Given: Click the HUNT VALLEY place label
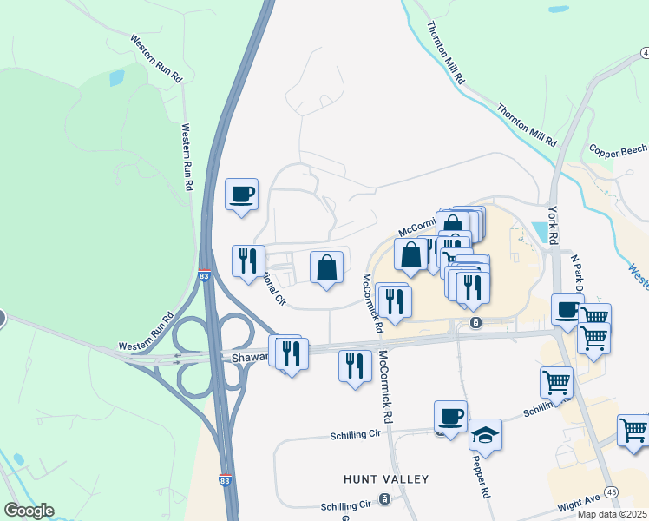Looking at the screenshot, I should pyautogui.click(x=386, y=479).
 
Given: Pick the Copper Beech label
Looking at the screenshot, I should pyautogui.click(x=618, y=151).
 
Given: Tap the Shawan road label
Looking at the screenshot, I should pyautogui.click(x=250, y=357).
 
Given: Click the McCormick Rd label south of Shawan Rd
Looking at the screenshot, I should pyautogui.click(x=387, y=386).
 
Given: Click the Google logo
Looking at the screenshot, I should pyautogui.click(x=29, y=511).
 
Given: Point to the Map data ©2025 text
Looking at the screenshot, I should pyautogui.click(x=612, y=514).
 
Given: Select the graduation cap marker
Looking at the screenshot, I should pyautogui.click(x=485, y=434).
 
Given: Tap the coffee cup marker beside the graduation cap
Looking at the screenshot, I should pyautogui.click(x=450, y=417).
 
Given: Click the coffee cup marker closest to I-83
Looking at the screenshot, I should pyautogui.click(x=242, y=194).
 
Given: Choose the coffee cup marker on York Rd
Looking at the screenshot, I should pyautogui.click(x=568, y=309).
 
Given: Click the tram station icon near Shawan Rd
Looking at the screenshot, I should pyautogui.click(x=475, y=323).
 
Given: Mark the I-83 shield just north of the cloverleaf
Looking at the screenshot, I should pyautogui.click(x=204, y=276).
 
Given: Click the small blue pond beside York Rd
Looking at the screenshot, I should pyautogui.click(x=541, y=231).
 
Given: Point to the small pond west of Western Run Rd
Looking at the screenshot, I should pyautogui.click(x=116, y=77).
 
